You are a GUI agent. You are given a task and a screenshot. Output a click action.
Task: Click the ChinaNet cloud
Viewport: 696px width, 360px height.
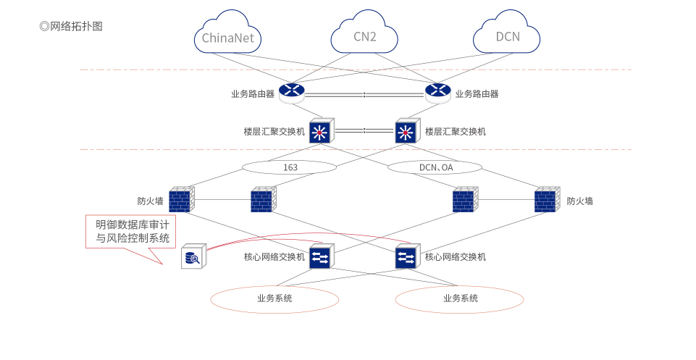[x=227, y=35]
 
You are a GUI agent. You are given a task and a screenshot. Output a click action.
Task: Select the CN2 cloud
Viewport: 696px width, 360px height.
[x=364, y=35]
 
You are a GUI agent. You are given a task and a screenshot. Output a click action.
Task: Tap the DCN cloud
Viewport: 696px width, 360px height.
[x=507, y=35]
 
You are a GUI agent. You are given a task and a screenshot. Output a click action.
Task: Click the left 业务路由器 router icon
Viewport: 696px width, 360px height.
[x=292, y=92]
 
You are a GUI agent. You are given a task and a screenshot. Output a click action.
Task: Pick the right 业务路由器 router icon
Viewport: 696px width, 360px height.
[x=437, y=92]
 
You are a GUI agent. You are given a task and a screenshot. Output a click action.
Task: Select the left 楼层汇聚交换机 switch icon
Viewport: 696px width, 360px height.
[x=320, y=131]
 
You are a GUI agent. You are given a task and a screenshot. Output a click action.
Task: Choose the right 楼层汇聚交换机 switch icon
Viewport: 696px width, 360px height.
[x=406, y=131]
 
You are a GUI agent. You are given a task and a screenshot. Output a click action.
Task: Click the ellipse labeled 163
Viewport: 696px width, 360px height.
[x=290, y=167]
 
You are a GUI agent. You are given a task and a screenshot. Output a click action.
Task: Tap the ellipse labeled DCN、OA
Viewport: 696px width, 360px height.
[x=435, y=167]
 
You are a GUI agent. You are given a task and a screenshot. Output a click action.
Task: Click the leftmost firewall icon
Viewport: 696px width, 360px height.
[x=181, y=200]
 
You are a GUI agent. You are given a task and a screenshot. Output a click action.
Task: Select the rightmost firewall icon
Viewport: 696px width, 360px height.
[x=546, y=200]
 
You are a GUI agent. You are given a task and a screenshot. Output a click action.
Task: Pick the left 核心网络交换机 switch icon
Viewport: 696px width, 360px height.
[x=320, y=256]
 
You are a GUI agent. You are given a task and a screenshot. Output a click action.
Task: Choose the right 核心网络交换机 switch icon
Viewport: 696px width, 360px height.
[x=406, y=256]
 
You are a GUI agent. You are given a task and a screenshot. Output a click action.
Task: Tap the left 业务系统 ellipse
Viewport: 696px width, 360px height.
[x=274, y=298]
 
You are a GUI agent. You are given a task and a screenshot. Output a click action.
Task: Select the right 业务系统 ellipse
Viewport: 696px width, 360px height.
[x=459, y=298]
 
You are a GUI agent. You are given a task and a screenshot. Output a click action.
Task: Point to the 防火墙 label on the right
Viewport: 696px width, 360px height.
[x=579, y=201]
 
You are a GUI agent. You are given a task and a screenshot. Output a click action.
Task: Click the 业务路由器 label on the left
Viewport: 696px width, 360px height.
[x=252, y=93]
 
